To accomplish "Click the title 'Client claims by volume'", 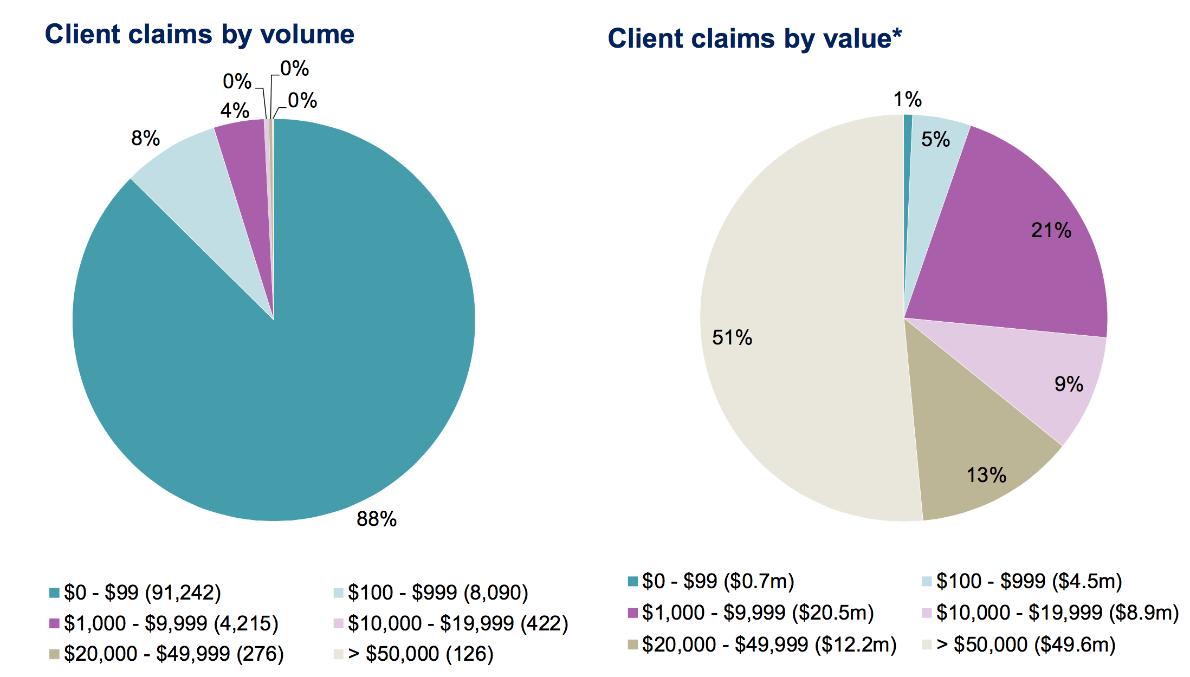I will coord(199,35).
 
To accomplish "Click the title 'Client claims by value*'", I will coord(754,39).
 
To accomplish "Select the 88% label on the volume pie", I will coord(377,519).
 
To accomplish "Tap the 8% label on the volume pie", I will coord(145,138).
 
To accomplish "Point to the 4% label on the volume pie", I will coord(235,110).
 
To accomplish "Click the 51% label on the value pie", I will coord(732,337).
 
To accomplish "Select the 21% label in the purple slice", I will coord(1051,231).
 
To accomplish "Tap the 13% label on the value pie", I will coord(986,475).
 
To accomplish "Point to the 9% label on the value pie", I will coord(1069,384).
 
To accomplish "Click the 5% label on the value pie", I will coord(935,139).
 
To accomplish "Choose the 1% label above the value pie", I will coord(907,99).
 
